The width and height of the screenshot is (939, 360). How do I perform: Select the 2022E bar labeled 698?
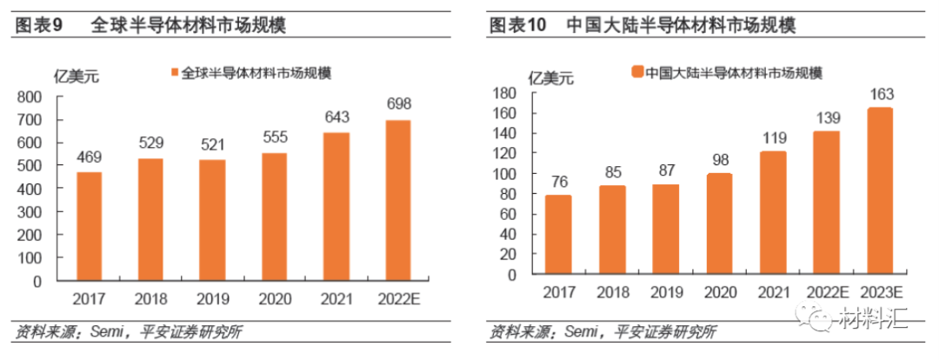[x=397, y=201]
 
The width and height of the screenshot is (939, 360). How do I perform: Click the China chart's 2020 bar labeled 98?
[x=718, y=223]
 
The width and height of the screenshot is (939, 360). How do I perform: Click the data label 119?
[x=773, y=137]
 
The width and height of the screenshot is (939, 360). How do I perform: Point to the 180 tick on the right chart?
[x=504, y=92]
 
